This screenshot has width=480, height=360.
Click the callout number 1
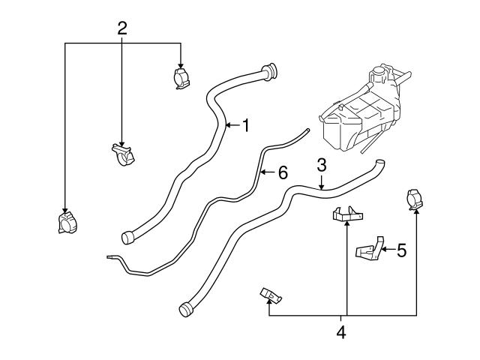coord(244,126)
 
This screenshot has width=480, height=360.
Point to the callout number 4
coord(341,331)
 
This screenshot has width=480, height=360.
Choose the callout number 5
coord(400,250)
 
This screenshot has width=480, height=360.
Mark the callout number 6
coord(282,172)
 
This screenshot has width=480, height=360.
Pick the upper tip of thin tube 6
coord(304,132)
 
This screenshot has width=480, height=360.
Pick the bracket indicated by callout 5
coord(368,251)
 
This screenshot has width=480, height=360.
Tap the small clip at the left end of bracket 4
coord(271,295)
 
